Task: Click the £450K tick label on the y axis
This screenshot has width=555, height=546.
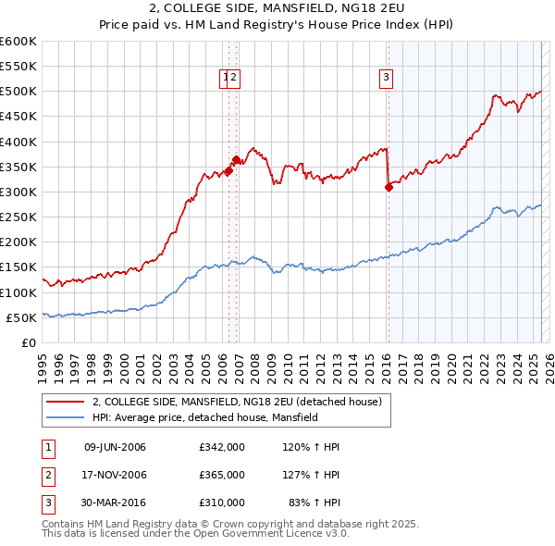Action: (x=18, y=117)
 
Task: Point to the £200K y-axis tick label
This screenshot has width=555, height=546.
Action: (x=18, y=242)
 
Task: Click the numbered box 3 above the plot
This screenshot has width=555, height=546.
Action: (x=386, y=78)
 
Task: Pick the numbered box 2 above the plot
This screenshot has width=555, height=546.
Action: (x=235, y=78)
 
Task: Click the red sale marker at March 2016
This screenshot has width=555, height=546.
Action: (x=388, y=187)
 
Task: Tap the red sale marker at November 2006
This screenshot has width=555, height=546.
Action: (x=236, y=159)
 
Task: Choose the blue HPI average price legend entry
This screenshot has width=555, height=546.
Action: (x=204, y=417)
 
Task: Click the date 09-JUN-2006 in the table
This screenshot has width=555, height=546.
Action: (x=115, y=448)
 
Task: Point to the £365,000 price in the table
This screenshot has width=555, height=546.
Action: (x=222, y=475)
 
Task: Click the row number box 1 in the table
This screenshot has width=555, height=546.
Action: (x=47, y=448)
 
